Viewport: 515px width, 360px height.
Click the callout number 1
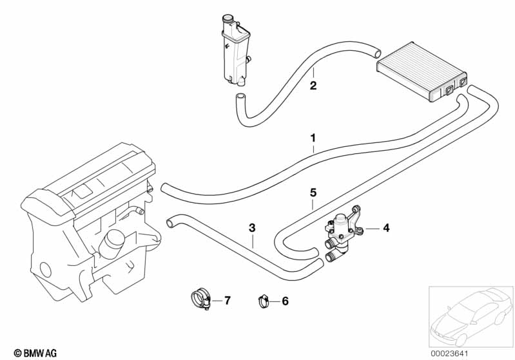pyautogui.click(x=313, y=138)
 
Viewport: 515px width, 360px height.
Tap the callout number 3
pyautogui.click(x=252, y=227)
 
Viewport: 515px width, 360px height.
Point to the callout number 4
pyautogui.click(x=386, y=227)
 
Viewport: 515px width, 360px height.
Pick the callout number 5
pyautogui.click(x=313, y=192)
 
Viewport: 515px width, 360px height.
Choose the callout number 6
pyautogui.click(x=286, y=300)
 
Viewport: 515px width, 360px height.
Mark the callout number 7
pyautogui.click(x=226, y=300)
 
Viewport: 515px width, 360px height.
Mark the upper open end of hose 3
pyautogui.click(x=171, y=222)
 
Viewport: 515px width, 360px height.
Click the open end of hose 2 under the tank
pyautogui.click(x=240, y=98)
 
